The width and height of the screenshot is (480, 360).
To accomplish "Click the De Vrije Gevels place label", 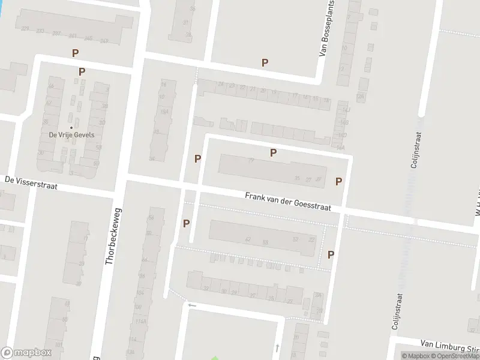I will [x=71, y=134].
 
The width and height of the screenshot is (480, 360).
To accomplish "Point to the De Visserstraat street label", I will [x=31, y=182].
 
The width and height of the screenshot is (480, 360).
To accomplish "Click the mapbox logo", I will [x=26, y=353].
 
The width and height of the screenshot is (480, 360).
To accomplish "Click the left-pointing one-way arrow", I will [x=192, y=305].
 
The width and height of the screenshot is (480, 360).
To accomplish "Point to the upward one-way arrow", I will [x=277, y=347].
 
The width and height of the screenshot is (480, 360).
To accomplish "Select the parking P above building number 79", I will [x=273, y=152].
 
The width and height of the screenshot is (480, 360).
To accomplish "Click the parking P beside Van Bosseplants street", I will [x=265, y=62].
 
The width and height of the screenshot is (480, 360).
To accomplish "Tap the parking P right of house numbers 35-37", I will [x=338, y=181].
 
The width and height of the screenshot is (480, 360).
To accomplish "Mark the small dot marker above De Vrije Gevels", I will [x=71, y=127].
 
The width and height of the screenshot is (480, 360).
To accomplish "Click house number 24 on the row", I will [x=221, y=85].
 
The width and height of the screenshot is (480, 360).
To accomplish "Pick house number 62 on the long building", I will [x=247, y=239].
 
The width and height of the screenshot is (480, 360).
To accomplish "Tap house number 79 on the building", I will [x=251, y=160].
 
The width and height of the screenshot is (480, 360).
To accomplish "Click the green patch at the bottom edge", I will [x=214, y=358].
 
